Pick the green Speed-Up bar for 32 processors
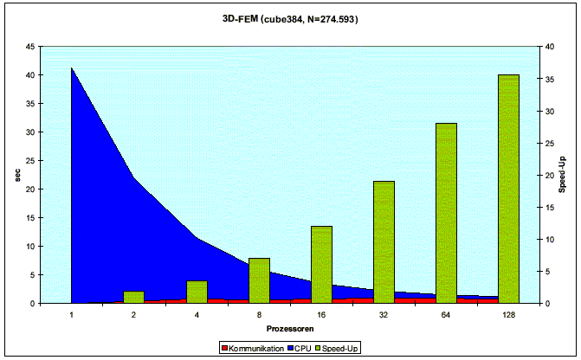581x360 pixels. (x=384, y=242)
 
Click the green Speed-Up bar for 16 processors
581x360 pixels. (x=321, y=264)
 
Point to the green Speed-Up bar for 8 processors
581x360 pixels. (x=259, y=280)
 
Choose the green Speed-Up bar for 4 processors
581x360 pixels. (x=197, y=292)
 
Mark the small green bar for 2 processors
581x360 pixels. (x=134, y=297)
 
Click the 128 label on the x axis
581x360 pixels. (x=508, y=317)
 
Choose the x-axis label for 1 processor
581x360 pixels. (x=72, y=317)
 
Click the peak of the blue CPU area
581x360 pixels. (x=72, y=69)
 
